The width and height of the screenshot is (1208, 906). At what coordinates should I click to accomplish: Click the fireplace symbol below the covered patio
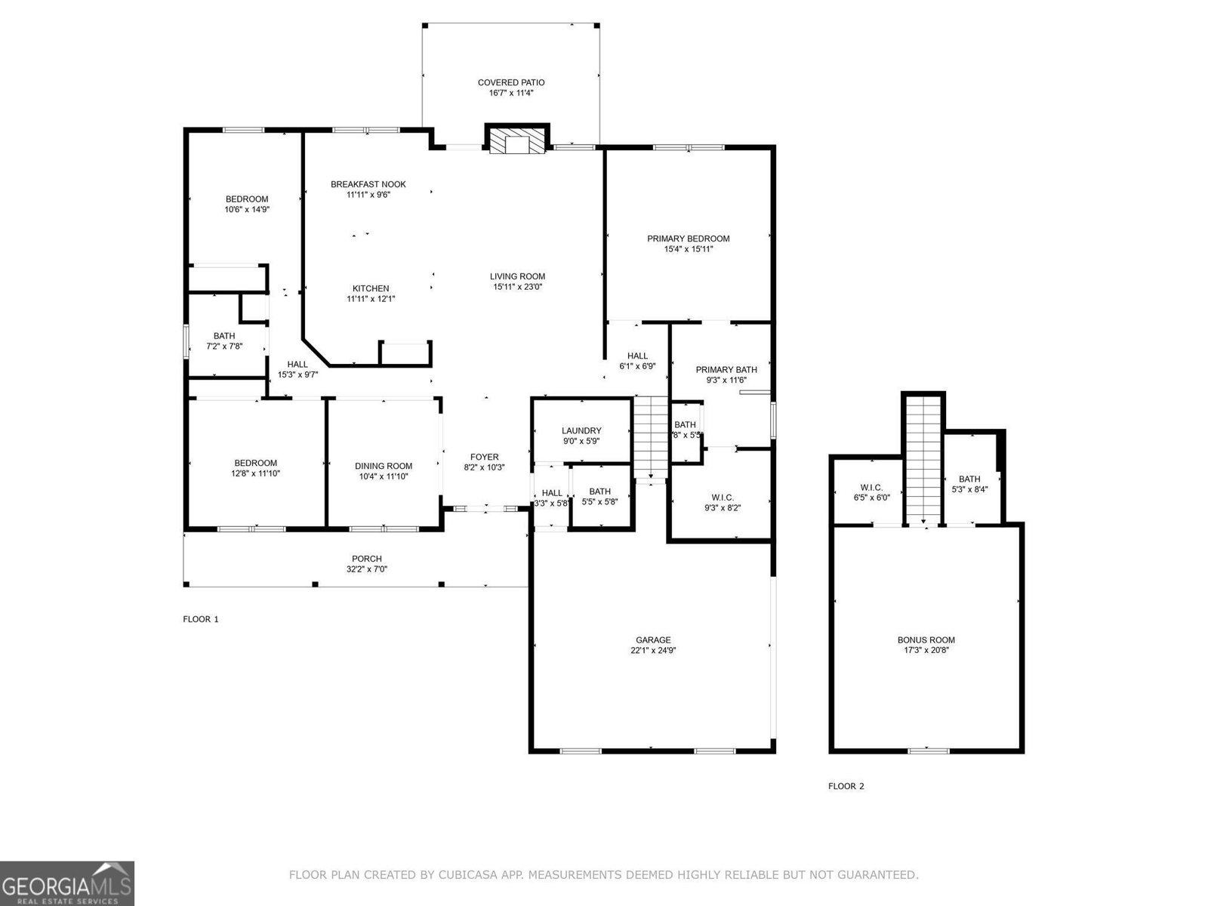[x=517, y=141]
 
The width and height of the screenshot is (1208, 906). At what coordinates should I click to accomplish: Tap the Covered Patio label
[x=511, y=82]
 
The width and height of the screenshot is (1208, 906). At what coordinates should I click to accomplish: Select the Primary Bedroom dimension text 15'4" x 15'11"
[x=688, y=249]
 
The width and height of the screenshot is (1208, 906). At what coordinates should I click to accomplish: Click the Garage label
[x=652, y=640]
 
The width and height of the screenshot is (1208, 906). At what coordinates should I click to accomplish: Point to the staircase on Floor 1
[x=650, y=437]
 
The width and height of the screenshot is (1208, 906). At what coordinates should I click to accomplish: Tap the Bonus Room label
[x=926, y=640]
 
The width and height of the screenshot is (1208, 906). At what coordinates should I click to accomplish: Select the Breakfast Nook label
[x=368, y=184]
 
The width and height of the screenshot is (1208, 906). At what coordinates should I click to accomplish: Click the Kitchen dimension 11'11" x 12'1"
[x=371, y=299]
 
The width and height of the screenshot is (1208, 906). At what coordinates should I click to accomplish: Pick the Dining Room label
[x=384, y=467]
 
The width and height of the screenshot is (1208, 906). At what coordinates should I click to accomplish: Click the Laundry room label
[x=581, y=431]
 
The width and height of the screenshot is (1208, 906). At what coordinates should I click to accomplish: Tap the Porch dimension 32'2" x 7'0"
[x=366, y=569]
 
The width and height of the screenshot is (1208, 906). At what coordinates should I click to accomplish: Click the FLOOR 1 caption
[x=201, y=619]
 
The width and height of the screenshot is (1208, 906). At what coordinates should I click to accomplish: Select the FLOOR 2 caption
[x=846, y=786]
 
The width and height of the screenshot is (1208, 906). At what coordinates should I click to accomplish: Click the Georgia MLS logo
[x=67, y=883]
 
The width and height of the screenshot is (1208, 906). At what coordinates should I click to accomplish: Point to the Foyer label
[x=484, y=457]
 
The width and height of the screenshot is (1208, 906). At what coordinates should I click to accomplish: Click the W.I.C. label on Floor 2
[x=871, y=488]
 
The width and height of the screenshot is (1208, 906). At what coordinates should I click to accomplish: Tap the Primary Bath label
[x=726, y=370]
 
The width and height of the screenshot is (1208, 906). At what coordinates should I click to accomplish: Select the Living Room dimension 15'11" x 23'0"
[x=517, y=287]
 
